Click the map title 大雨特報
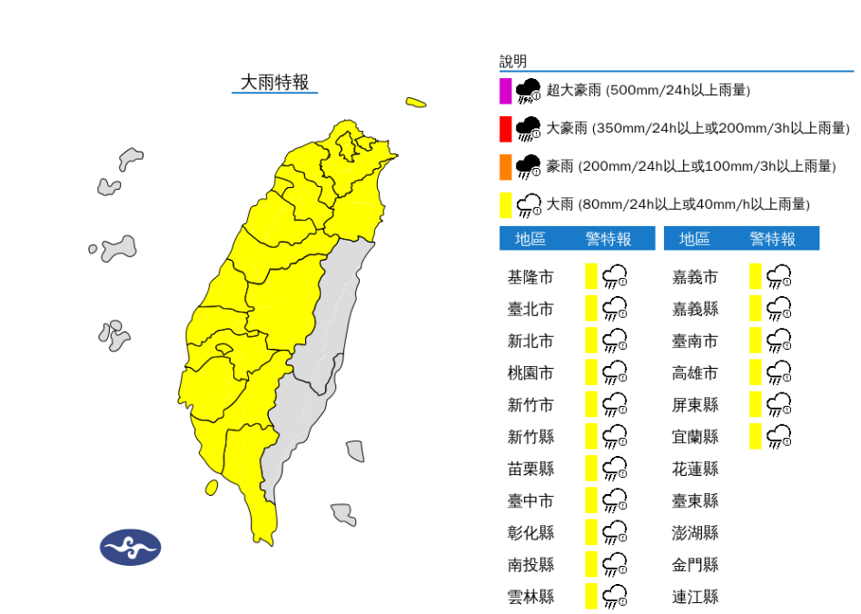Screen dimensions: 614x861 tap(274, 83)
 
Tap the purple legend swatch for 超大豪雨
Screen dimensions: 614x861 tap(505, 91)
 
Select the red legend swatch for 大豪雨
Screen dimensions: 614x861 tap(505, 129)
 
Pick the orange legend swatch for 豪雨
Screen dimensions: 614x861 tap(505, 167)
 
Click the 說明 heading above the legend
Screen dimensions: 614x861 tap(513, 62)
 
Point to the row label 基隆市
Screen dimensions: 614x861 tap(530, 277)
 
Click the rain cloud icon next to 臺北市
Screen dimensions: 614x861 tap(616, 309)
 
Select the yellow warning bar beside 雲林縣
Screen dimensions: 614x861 tap(590, 597)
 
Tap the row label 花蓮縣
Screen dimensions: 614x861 tap(695, 469)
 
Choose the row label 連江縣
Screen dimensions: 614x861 tap(695, 597)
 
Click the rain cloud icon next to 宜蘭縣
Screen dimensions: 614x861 tap(779, 437)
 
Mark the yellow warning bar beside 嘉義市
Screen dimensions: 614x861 tap(755, 277)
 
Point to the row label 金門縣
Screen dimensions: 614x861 tap(695, 565)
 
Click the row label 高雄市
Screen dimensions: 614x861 tap(695, 372)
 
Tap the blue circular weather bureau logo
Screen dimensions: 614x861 tap(130, 547)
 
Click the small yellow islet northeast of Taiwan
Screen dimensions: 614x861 tap(416, 103)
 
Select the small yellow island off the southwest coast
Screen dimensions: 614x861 tap(212, 488)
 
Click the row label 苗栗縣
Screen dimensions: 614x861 tap(530, 469)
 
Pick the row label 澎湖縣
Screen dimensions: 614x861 tap(695, 532)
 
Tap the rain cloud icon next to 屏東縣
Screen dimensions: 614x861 tap(779, 404)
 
